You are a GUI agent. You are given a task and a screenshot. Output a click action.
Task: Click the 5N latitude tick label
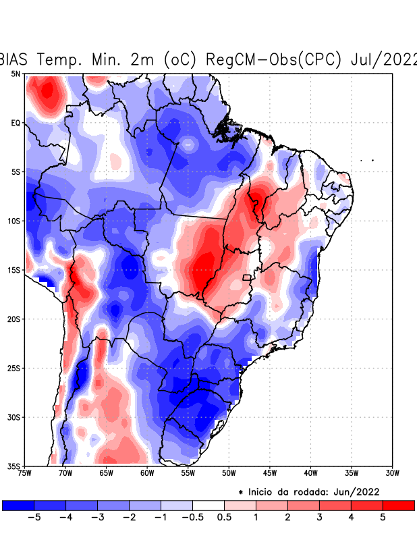coord(16,74)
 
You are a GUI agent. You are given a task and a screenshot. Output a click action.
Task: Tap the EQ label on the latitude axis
coord(16,123)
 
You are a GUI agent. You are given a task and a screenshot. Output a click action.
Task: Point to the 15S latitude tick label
coord(14,270)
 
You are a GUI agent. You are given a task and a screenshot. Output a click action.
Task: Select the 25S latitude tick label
coord(14,368)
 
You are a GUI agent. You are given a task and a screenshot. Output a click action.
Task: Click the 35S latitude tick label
coord(14,466)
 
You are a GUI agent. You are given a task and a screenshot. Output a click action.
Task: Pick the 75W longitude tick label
coord(26,473)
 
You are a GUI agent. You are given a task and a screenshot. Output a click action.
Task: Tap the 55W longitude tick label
coord(188,473)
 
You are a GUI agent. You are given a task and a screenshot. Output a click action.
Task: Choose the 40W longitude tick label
coord(310,473)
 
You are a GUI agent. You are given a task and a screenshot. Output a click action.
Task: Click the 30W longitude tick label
coord(392,473)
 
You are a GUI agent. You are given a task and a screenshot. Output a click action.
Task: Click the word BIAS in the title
coord(16,59)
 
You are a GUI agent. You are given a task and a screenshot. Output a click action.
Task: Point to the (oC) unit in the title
coord(179,59)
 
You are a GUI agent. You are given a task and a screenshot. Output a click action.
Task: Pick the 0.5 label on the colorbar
coord(225,517)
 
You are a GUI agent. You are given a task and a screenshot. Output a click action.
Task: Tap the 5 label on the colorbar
coord(383,517)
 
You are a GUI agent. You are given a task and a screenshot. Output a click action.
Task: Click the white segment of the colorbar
coord(208,505)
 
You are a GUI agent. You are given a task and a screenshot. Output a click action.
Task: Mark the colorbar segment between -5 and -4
coord(50,505)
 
